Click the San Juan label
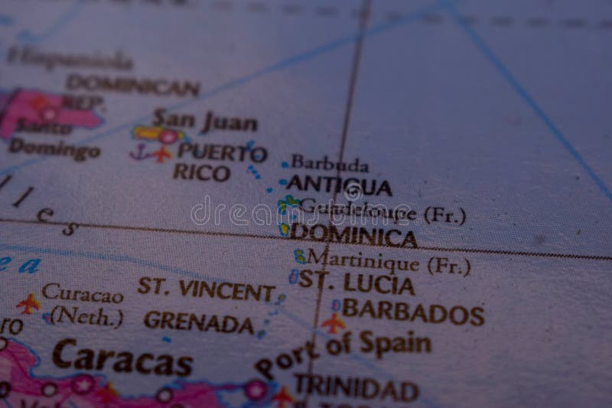point(204,121)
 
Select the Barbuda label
point(329,163)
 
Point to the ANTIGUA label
point(339,186)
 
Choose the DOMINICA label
point(353,235)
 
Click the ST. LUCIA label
point(356,283)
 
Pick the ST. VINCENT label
point(206,290)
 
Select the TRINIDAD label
point(356,388)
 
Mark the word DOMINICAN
point(132,84)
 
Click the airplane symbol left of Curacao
point(28,303)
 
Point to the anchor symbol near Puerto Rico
point(138,152)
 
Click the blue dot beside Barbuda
point(285,164)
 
